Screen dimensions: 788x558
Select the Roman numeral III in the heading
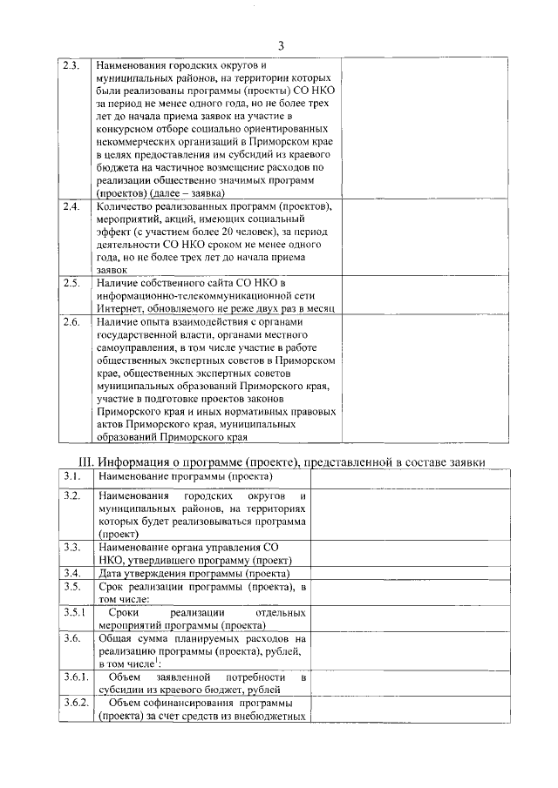click(x=81, y=461)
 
